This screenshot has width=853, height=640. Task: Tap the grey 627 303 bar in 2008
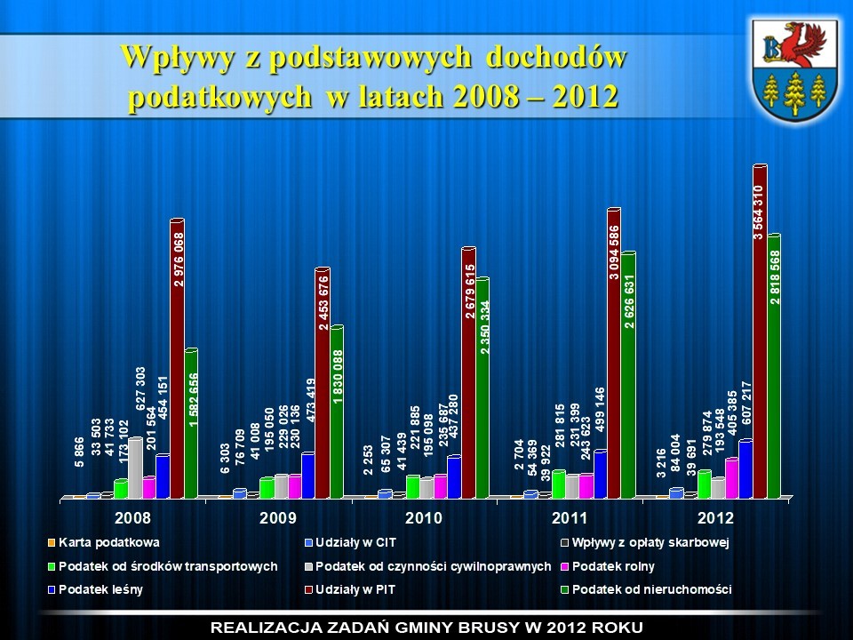tap(135, 467)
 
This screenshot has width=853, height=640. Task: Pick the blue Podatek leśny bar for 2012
tap(745, 468)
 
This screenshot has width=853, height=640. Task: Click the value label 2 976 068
tap(179, 259)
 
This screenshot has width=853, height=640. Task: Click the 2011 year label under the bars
tap(569, 516)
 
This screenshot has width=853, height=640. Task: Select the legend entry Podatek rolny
tap(613, 566)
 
